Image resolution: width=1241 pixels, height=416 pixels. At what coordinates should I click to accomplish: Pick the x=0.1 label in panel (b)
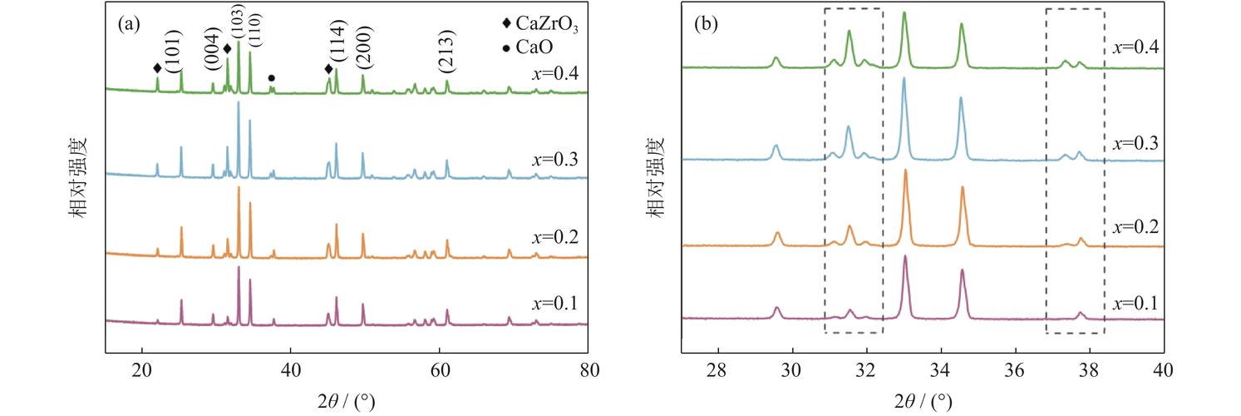(x=1135, y=303)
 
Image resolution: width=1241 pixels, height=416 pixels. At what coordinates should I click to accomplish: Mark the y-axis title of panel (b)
(x=657, y=177)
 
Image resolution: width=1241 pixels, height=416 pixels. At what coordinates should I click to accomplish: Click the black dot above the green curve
(x=271, y=78)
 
